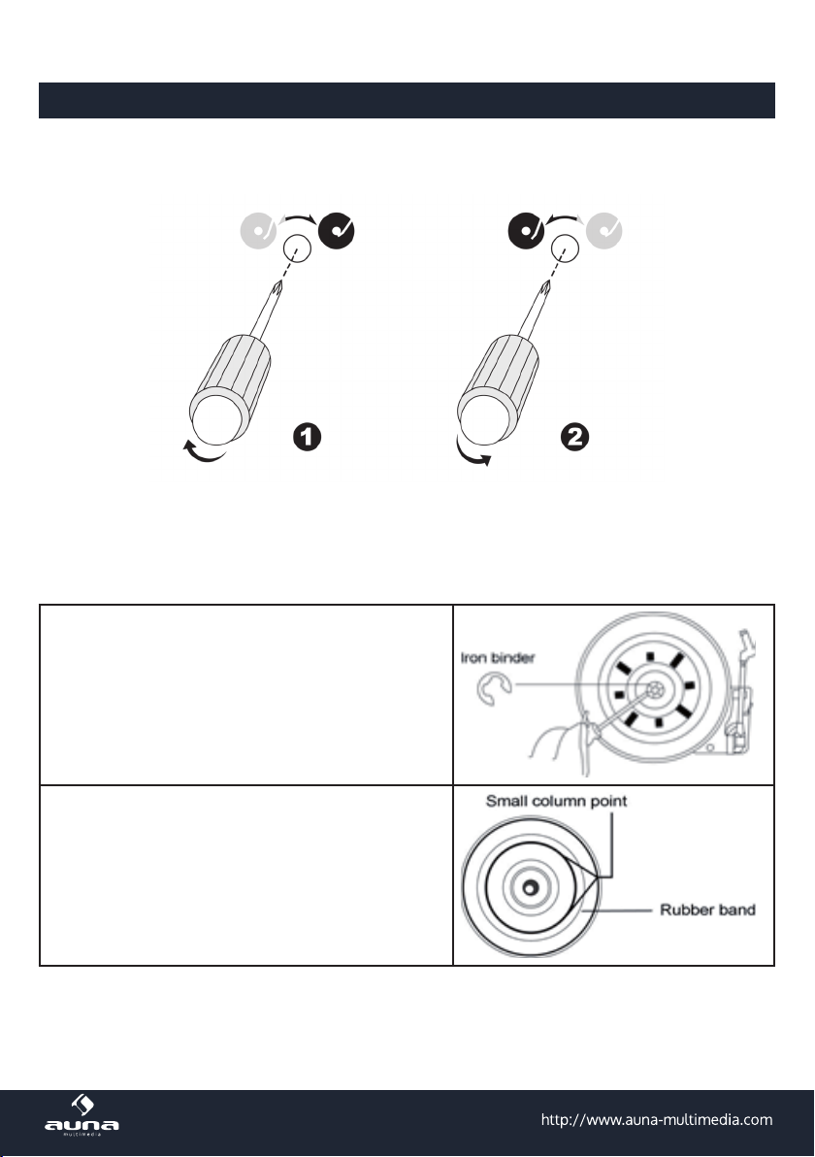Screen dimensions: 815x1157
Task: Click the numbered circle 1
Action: tap(307, 437)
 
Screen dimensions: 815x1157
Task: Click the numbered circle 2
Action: tap(574, 437)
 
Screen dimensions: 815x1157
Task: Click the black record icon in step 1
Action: tap(337, 231)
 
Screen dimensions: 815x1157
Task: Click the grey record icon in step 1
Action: tap(258, 231)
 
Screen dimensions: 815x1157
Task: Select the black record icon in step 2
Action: tap(526, 231)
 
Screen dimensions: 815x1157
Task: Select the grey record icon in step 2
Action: tap(604, 231)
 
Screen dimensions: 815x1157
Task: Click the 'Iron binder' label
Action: tap(497, 657)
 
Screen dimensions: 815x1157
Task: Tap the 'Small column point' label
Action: tap(556, 802)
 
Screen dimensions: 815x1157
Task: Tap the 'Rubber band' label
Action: tap(707, 909)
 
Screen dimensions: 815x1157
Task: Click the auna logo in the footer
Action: tap(81, 1115)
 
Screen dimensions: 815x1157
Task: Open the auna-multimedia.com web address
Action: tap(657, 1119)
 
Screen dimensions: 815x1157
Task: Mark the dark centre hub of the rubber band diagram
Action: tap(531, 887)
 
